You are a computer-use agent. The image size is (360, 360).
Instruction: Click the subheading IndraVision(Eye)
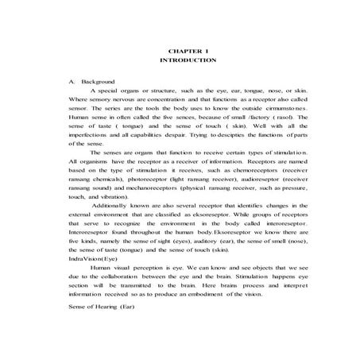pyautogui.click(x=85, y=259)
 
